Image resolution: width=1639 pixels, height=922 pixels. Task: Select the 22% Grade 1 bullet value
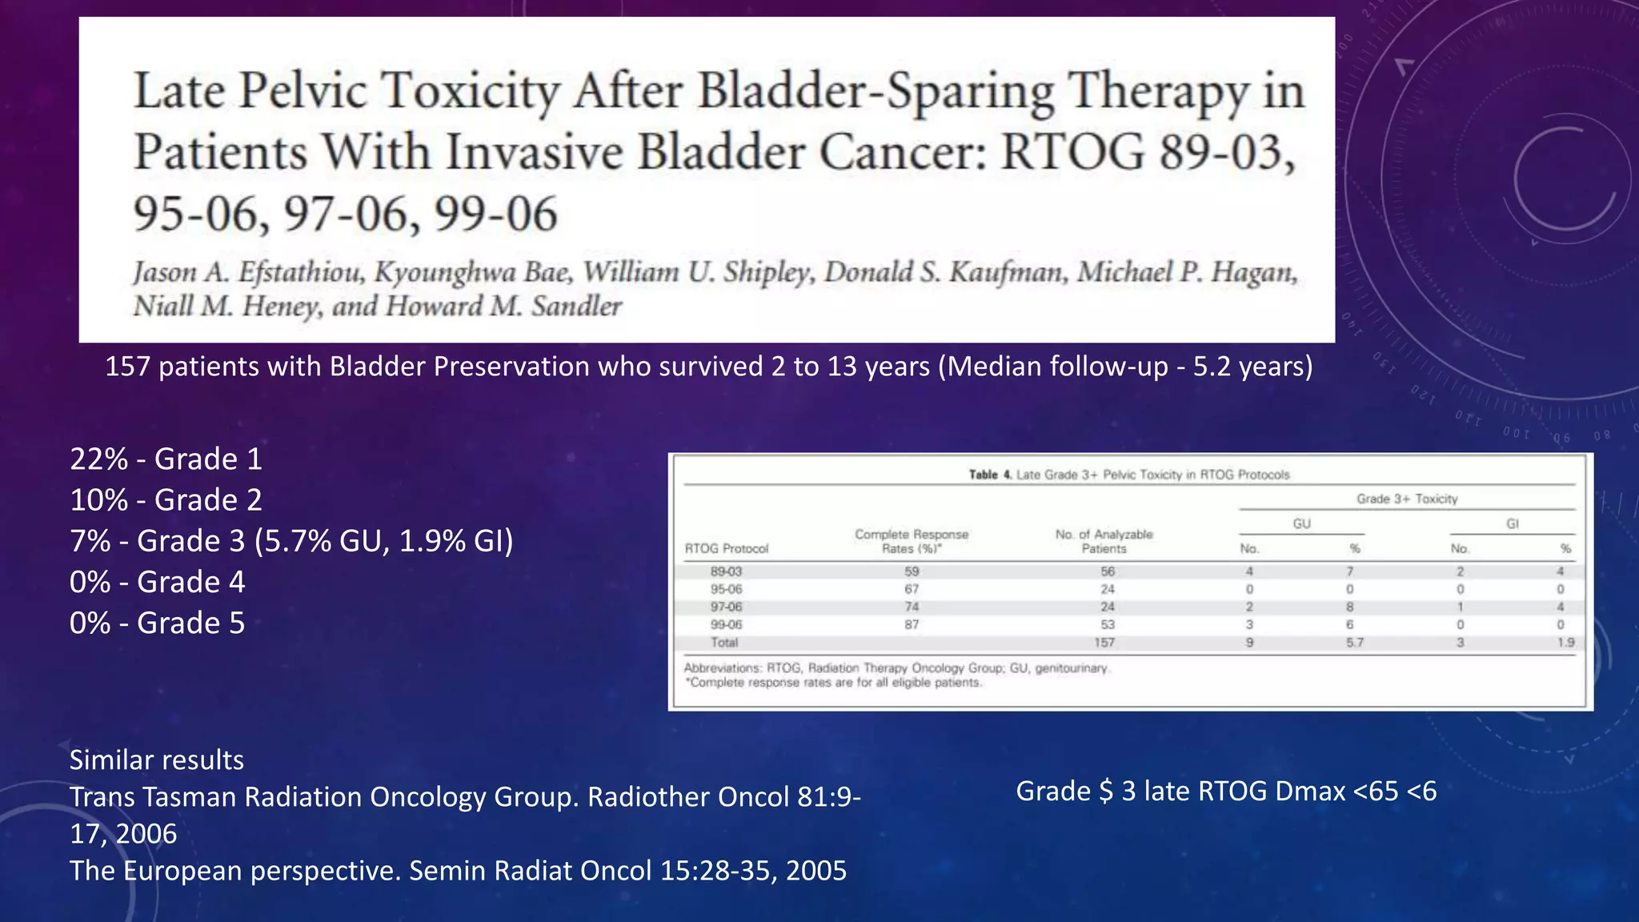[x=98, y=459]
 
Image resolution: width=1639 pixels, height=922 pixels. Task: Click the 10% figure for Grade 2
[x=98, y=500]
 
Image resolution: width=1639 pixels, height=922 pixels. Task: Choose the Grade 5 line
[x=157, y=623]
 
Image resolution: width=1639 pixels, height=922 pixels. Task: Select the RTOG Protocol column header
[x=726, y=549]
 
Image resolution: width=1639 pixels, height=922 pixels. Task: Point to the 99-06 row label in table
[x=726, y=625]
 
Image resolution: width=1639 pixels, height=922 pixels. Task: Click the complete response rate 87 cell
[x=912, y=625]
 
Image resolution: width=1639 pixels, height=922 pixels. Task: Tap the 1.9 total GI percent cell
[x=1565, y=643]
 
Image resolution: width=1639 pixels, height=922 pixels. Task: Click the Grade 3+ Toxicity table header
[x=1406, y=499]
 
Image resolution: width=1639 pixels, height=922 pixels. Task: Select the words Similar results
[x=156, y=760]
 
